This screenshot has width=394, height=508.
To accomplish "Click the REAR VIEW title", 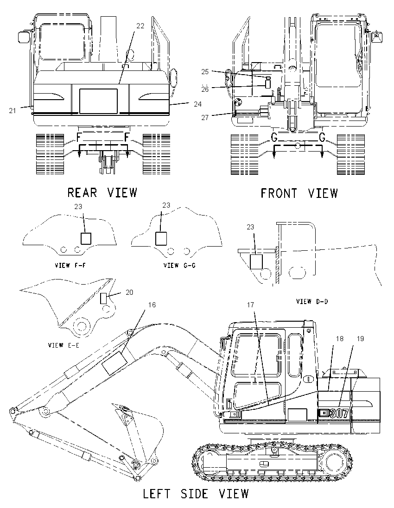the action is click(x=102, y=192).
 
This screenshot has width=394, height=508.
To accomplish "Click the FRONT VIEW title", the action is click(x=299, y=193).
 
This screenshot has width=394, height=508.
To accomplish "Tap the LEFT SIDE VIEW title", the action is click(x=196, y=494).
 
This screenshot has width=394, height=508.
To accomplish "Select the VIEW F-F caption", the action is click(x=70, y=265).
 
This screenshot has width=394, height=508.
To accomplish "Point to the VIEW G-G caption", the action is click(x=179, y=265).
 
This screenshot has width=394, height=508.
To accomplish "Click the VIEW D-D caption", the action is click(x=312, y=301).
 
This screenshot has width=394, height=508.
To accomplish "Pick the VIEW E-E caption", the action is click(x=64, y=345).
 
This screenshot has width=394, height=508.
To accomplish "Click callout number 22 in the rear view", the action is click(x=140, y=26).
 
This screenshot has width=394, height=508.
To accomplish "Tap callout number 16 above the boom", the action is click(x=152, y=305).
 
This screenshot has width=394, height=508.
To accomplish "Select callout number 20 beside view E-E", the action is click(x=129, y=292).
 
